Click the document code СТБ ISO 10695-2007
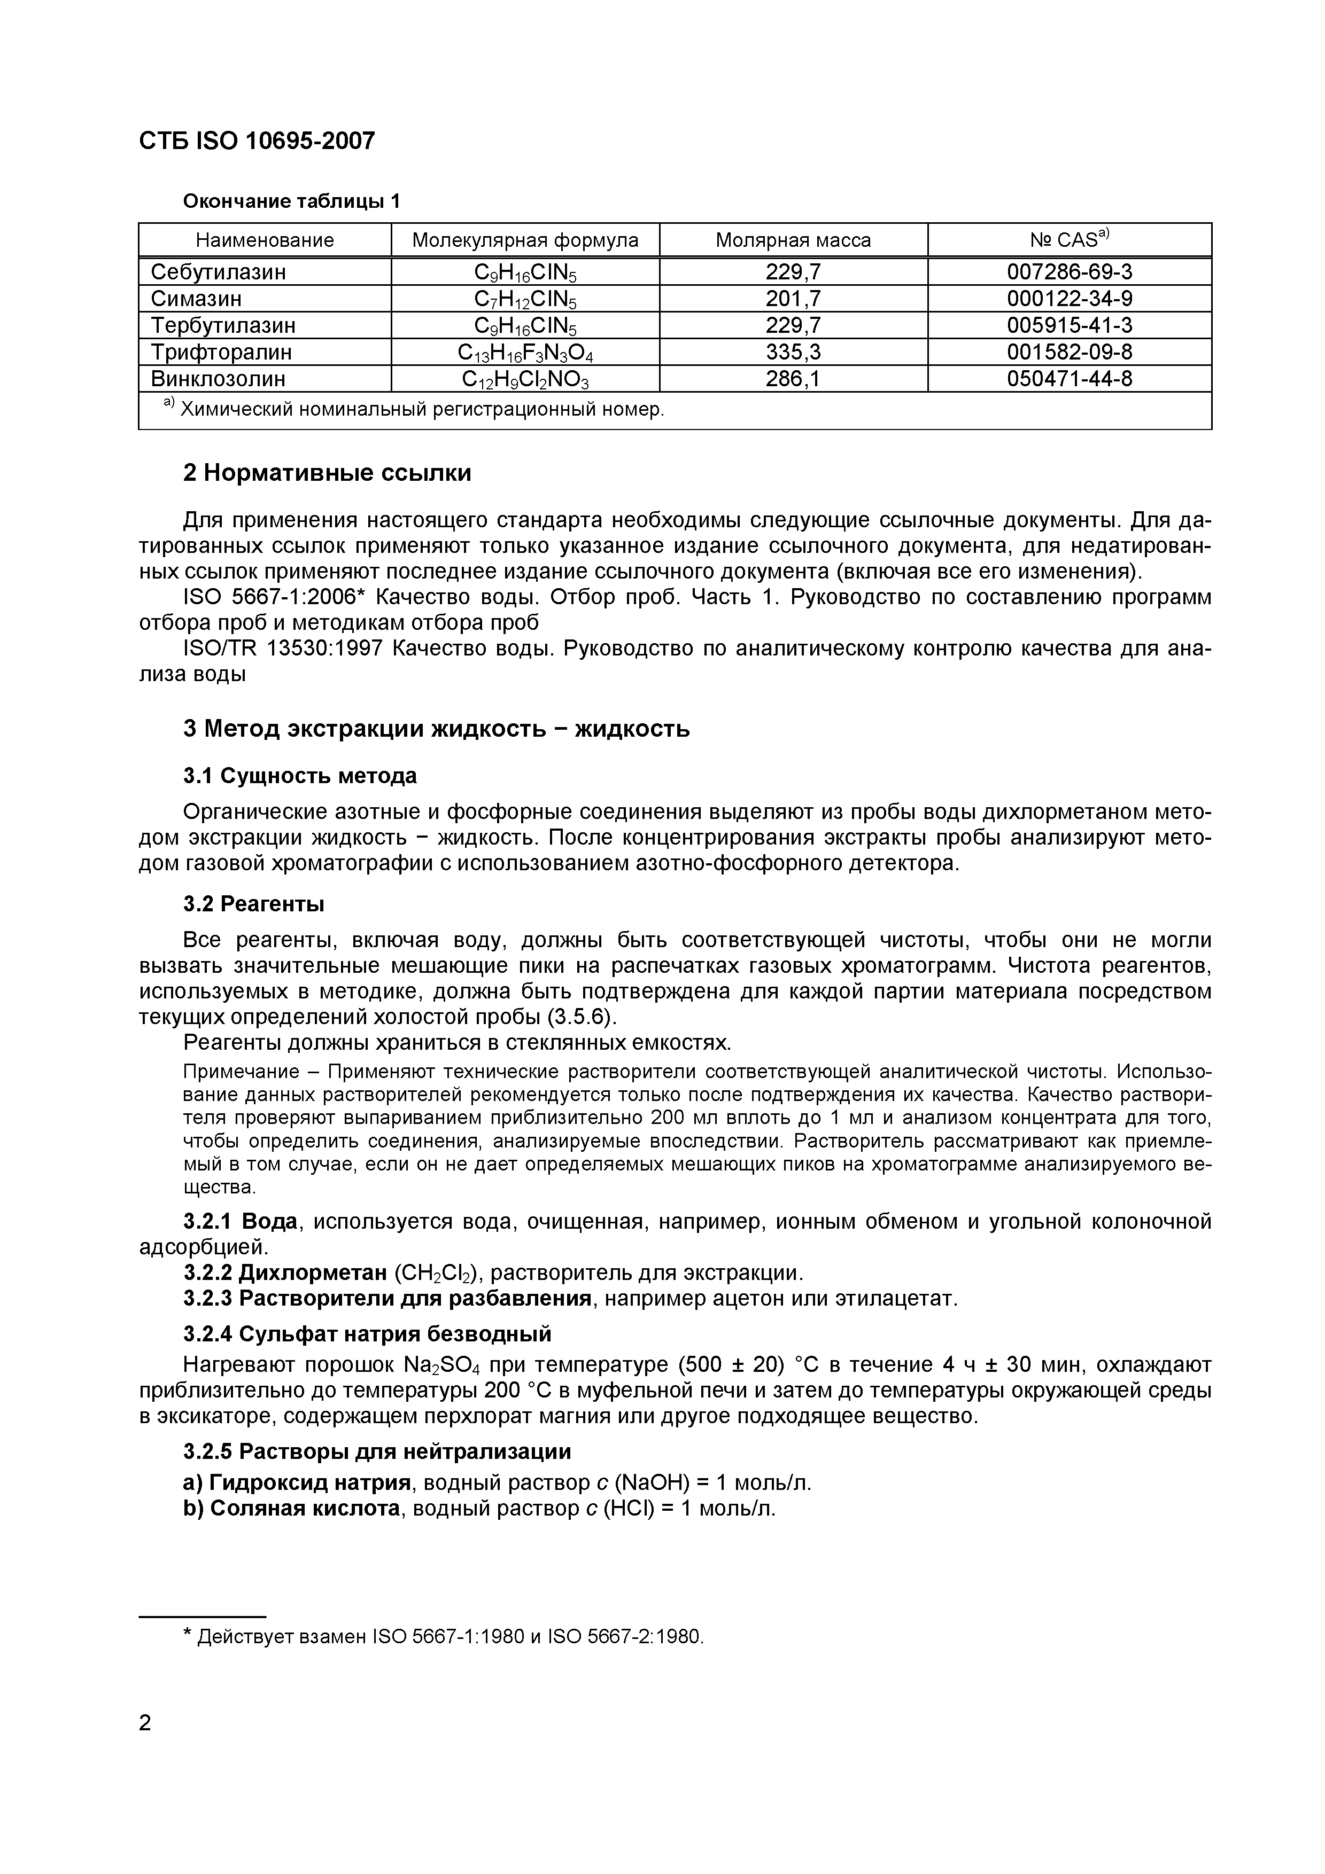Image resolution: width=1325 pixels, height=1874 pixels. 257,141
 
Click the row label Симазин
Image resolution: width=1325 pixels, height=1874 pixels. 196,299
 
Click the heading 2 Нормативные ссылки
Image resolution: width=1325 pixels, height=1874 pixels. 327,473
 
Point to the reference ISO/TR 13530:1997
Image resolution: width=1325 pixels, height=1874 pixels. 283,649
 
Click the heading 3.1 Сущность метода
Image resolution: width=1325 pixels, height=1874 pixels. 300,776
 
